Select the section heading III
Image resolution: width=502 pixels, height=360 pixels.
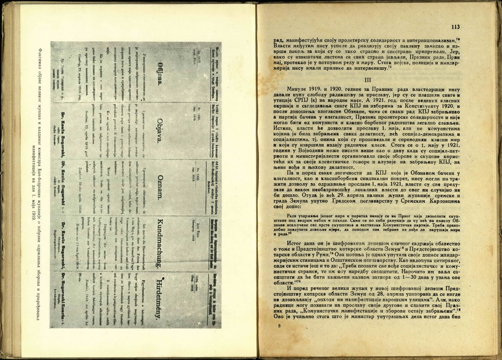tap(368, 79)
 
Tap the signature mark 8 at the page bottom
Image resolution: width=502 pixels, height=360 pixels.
tap(280, 326)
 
